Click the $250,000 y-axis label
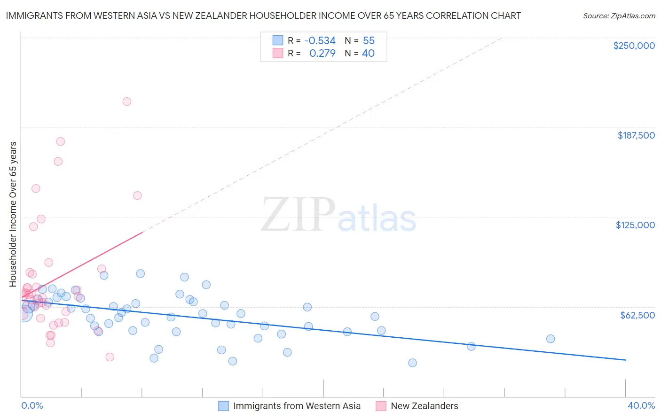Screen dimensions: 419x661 [x=634, y=46]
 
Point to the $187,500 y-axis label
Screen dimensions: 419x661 [x=636, y=135]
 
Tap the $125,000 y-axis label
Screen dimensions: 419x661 [x=635, y=225]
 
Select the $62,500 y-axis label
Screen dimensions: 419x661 [x=637, y=315]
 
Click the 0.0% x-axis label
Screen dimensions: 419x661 [x=32, y=405]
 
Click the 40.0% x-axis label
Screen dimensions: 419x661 [x=641, y=405]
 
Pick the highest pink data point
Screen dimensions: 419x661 [x=126, y=101]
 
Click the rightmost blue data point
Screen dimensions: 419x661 [x=551, y=339]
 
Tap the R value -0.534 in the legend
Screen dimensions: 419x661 [x=320, y=41]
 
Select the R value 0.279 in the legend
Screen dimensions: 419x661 [x=322, y=54]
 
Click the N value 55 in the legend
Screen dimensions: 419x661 [x=369, y=41]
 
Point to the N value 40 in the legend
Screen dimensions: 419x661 [x=368, y=54]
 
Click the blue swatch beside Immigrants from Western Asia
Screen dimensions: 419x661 [x=224, y=406]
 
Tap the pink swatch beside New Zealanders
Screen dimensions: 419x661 [x=381, y=406]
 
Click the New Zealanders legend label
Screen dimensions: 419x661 [x=424, y=406]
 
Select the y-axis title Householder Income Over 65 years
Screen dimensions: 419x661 [x=13, y=214]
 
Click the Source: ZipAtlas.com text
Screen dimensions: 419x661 [x=619, y=16]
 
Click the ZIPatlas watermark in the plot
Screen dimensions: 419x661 [x=338, y=215]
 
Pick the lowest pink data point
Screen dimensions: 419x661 [x=110, y=357]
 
